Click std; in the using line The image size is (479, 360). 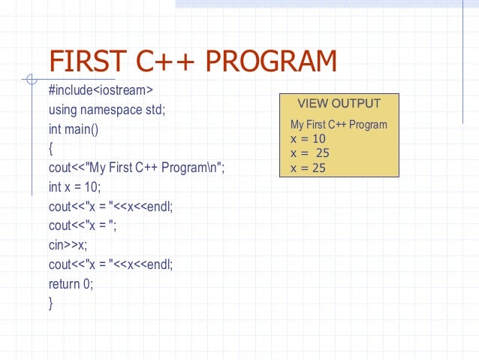[x=154, y=110]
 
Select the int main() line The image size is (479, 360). [x=74, y=129]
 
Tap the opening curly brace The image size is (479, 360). [x=51, y=149]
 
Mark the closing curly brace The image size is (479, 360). [x=51, y=304]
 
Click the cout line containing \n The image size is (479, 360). [x=136, y=168]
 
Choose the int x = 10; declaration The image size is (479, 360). [x=74, y=187]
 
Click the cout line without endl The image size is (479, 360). [x=83, y=226]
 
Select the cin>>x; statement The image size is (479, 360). [x=68, y=245]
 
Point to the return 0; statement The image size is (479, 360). [x=71, y=284]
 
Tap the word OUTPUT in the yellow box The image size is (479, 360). [x=357, y=104]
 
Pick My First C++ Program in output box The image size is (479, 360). [x=338, y=125]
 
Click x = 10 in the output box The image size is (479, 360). [x=308, y=139]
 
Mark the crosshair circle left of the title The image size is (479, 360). [x=30, y=79]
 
